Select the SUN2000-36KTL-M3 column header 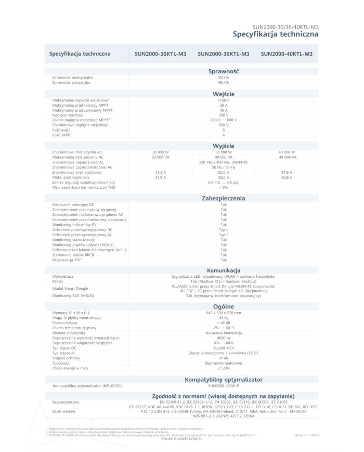(224, 54)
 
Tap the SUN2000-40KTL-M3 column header (287, 54)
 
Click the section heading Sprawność (224, 71)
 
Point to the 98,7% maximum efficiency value (224, 77)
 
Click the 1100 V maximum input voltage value (224, 99)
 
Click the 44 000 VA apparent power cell (287, 157)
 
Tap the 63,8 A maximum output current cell (287, 177)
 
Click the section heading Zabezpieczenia (224, 198)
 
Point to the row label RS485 (58, 281)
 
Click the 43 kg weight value (224, 317)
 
